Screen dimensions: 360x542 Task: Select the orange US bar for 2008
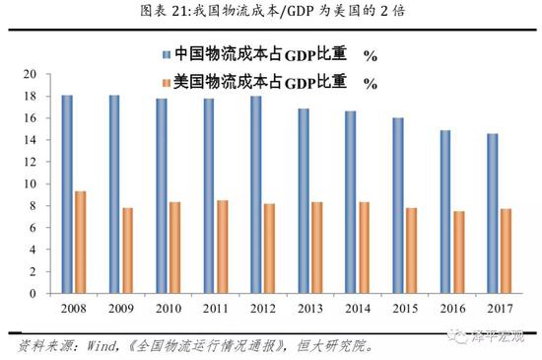tap(80, 243)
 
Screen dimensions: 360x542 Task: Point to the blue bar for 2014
tap(351, 202)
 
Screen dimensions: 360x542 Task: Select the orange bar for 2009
tap(127, 251)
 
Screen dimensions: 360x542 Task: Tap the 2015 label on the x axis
tap(405, 310)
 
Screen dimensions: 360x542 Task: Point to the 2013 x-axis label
tap(310, 310)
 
